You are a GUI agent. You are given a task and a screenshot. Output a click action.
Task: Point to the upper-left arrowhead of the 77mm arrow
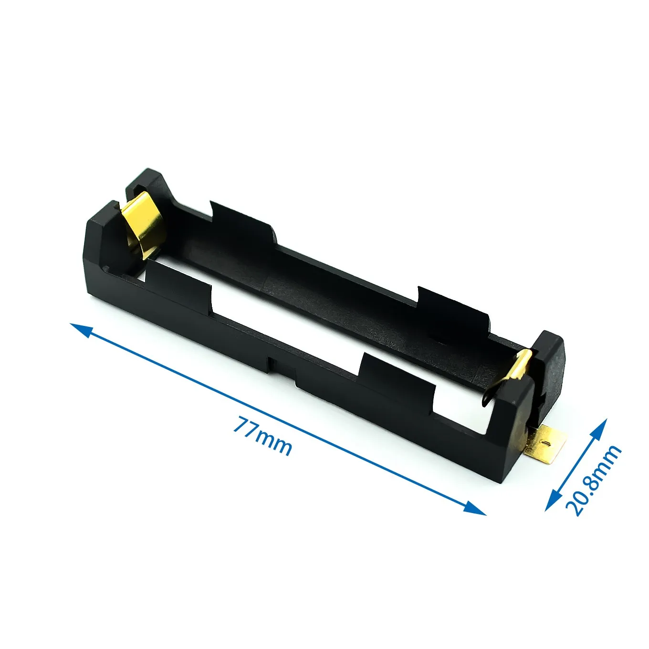click(78, 328)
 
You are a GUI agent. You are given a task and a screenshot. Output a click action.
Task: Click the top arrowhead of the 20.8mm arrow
click(602, 426)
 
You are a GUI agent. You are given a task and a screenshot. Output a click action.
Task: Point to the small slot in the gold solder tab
click(546, 442)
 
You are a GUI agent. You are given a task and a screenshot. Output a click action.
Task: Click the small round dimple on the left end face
click(108, 268)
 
